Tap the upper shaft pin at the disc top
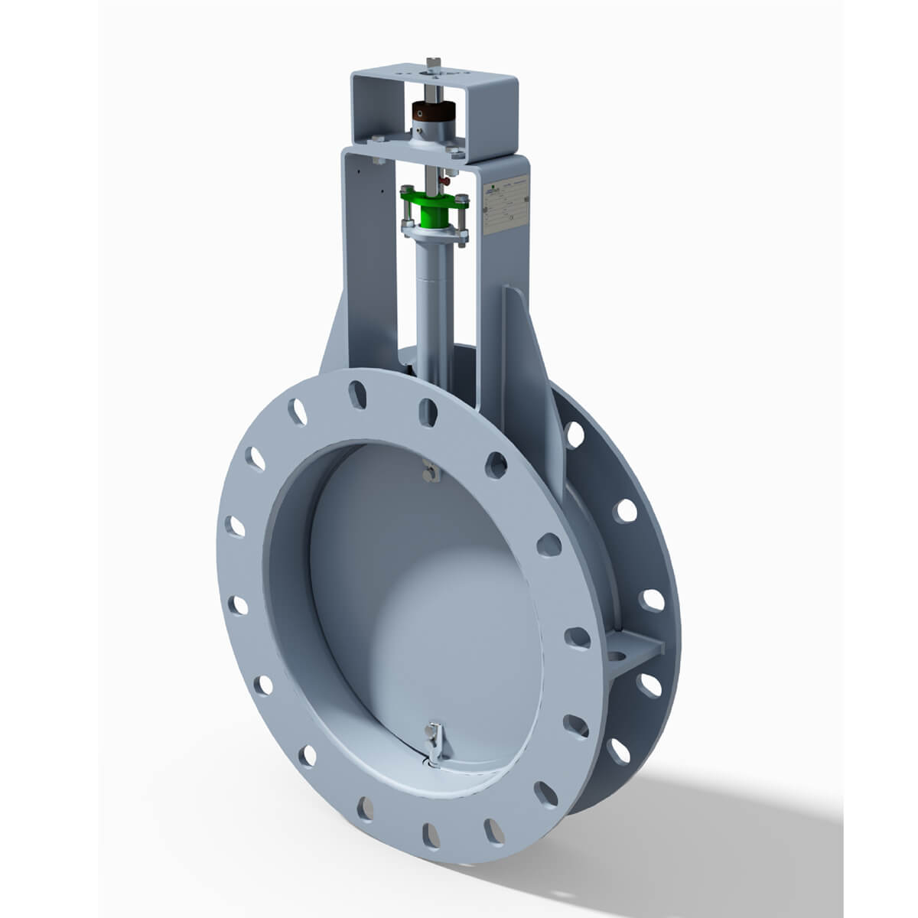click(x=431, y=473)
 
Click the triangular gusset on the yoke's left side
click(x=334, y=337)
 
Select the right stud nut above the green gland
click(x=461, y=200)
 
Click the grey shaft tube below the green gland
click(x=433, y=298)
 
